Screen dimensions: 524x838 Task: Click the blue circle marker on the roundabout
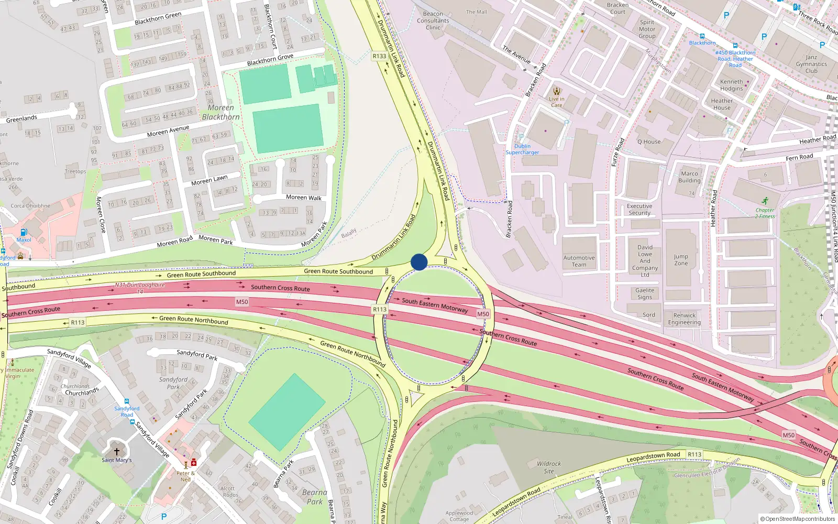point(419,262)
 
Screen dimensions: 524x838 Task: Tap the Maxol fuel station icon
point(24,232)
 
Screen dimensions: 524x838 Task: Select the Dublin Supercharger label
point(522,149)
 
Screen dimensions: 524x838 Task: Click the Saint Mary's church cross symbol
point(117,451)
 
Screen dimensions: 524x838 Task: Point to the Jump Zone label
point(681,260)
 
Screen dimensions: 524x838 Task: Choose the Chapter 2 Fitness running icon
point(765,201)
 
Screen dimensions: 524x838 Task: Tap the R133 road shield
point(379,56)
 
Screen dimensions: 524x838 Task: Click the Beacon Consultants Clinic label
point(433,21)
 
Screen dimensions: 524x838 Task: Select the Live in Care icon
point(556,91)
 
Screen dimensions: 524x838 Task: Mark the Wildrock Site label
point(549,467)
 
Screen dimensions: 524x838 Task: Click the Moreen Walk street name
point(304,198)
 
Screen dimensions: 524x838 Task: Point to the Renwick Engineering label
point(684,319)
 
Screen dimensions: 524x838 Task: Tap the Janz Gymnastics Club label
point(811,64)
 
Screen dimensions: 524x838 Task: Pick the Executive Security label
point(639,210)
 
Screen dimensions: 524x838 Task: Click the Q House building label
point(649,142)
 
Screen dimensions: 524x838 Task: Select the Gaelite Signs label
point(645,293)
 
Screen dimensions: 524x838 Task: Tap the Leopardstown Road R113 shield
point(694,454)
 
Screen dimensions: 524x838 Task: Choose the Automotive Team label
point(579,261)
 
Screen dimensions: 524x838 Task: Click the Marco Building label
point(689,177)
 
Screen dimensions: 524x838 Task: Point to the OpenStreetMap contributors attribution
point(798,519)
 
